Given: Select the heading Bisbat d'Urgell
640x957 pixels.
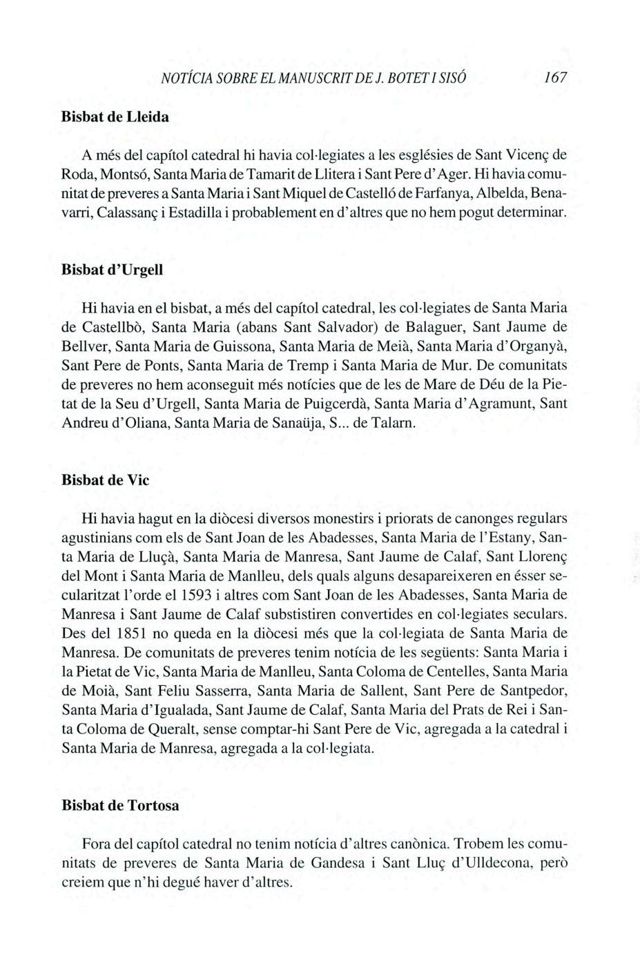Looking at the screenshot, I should pos(113,269).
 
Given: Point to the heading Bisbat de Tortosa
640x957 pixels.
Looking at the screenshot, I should pos(120,805).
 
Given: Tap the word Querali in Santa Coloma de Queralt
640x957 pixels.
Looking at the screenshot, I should pos(171,728).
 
